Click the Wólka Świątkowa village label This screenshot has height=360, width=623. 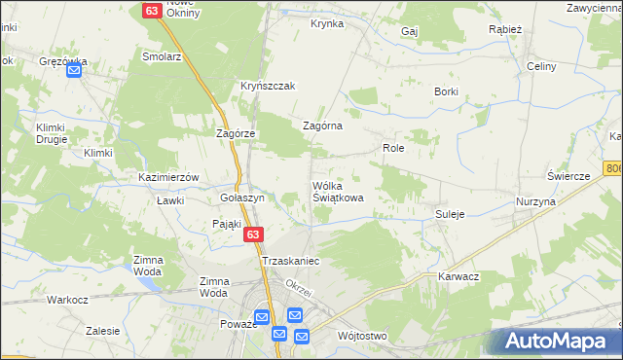pos(338,191)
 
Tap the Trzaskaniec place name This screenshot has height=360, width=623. pos(290,262)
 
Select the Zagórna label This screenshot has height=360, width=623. pos(323,126)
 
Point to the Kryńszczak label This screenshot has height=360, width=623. pos(268,86)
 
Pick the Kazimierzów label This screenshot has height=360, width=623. pos(168,178)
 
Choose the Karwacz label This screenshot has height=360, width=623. pos(459,276)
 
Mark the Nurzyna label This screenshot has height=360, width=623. pos(535,201)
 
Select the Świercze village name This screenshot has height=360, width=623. pos(569,176)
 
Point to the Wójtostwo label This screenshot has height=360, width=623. pos(362,336)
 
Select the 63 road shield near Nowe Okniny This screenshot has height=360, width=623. pos(151,10)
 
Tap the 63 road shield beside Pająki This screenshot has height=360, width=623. pos(252,234)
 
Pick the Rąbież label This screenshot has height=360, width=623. pos(504,29)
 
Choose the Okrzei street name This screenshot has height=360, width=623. pos(298,290)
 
